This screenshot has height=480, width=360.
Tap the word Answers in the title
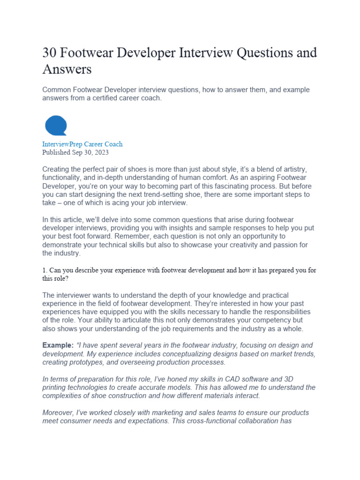click(x=67, y=69)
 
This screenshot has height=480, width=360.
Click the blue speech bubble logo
click(x=56, y=126)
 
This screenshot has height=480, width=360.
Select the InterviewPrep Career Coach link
click(x=82, y=144)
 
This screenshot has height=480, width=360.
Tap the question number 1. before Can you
click(x=45, y=270)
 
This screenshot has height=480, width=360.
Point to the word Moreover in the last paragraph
click(x=59, y=412)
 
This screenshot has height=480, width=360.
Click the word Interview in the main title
click(x=202, y=53)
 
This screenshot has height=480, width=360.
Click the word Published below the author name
click(x=56, y=152)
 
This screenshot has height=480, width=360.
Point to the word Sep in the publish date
click(x=78, y=152)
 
